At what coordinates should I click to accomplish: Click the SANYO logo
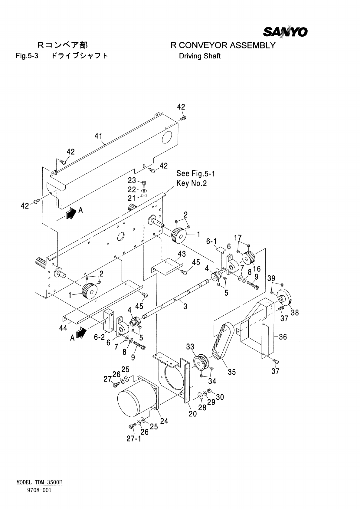[285, 32]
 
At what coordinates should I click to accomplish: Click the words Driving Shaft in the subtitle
[200, 56]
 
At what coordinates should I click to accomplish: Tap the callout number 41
[98, 136]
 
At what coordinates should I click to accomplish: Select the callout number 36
[283, 337]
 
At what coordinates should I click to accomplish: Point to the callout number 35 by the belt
[232, 372]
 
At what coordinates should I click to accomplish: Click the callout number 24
[164, 421]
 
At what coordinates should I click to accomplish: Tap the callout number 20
[193, 414]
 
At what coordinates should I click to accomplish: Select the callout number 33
[190, 346]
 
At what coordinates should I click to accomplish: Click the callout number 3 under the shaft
[185, 307]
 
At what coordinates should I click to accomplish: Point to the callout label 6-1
[211, 241]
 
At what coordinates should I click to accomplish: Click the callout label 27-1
[134, 438]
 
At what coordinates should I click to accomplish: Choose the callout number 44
[63, 328]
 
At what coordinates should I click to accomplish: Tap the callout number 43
[182, 254]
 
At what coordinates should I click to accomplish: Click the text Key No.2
[192, 183]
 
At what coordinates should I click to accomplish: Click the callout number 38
[295, 312]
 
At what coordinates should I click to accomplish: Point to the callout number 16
[257, 269]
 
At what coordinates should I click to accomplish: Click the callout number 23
[132, 180]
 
